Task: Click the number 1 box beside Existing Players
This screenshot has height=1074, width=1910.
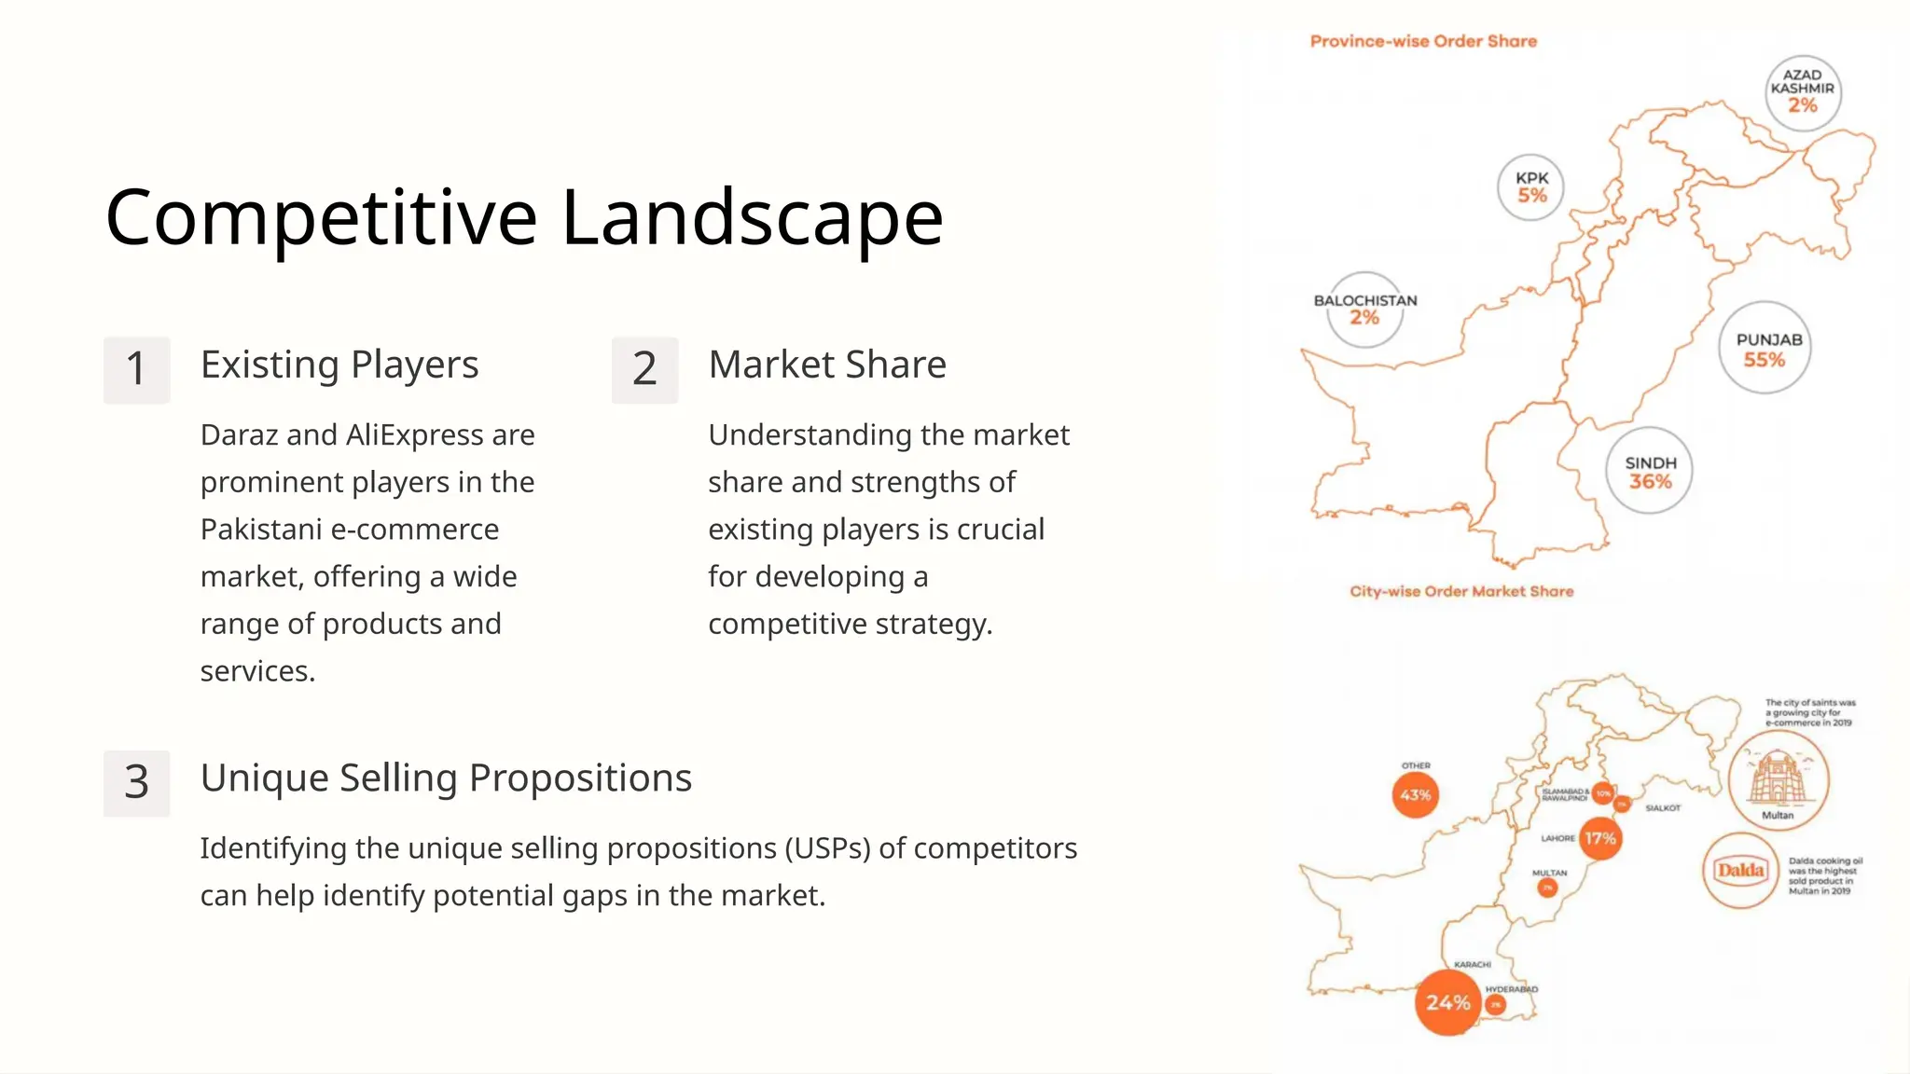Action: (136, 369)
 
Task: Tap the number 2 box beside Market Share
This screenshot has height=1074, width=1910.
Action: (644, 369)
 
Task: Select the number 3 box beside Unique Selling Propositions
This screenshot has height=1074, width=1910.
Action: (136, 783)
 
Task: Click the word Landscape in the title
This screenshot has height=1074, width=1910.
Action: (752, 218)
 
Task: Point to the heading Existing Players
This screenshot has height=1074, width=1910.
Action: (339, 365)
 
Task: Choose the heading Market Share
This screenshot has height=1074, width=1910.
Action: (827, 365)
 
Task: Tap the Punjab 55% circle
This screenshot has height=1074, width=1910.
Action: (1765, 348)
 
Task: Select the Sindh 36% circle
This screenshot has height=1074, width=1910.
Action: (1649, 471)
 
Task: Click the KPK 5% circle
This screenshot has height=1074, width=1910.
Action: (1530, 186)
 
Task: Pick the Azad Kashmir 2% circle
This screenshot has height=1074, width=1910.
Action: (1803, 90)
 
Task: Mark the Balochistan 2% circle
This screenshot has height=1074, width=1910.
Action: (1364, 310)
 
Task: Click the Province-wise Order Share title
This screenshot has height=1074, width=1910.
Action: (1423, 41)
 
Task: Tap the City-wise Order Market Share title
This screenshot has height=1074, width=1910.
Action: (1461, 591)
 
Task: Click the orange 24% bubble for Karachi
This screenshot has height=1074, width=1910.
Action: (1447, 1002)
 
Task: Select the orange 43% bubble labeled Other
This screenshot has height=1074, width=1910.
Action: (1415, 795)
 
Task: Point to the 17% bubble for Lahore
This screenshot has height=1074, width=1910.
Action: (1600, 838)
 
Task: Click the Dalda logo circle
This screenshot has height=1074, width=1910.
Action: (1740, 871)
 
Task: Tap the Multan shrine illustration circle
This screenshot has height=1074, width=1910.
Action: (1778, 779)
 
